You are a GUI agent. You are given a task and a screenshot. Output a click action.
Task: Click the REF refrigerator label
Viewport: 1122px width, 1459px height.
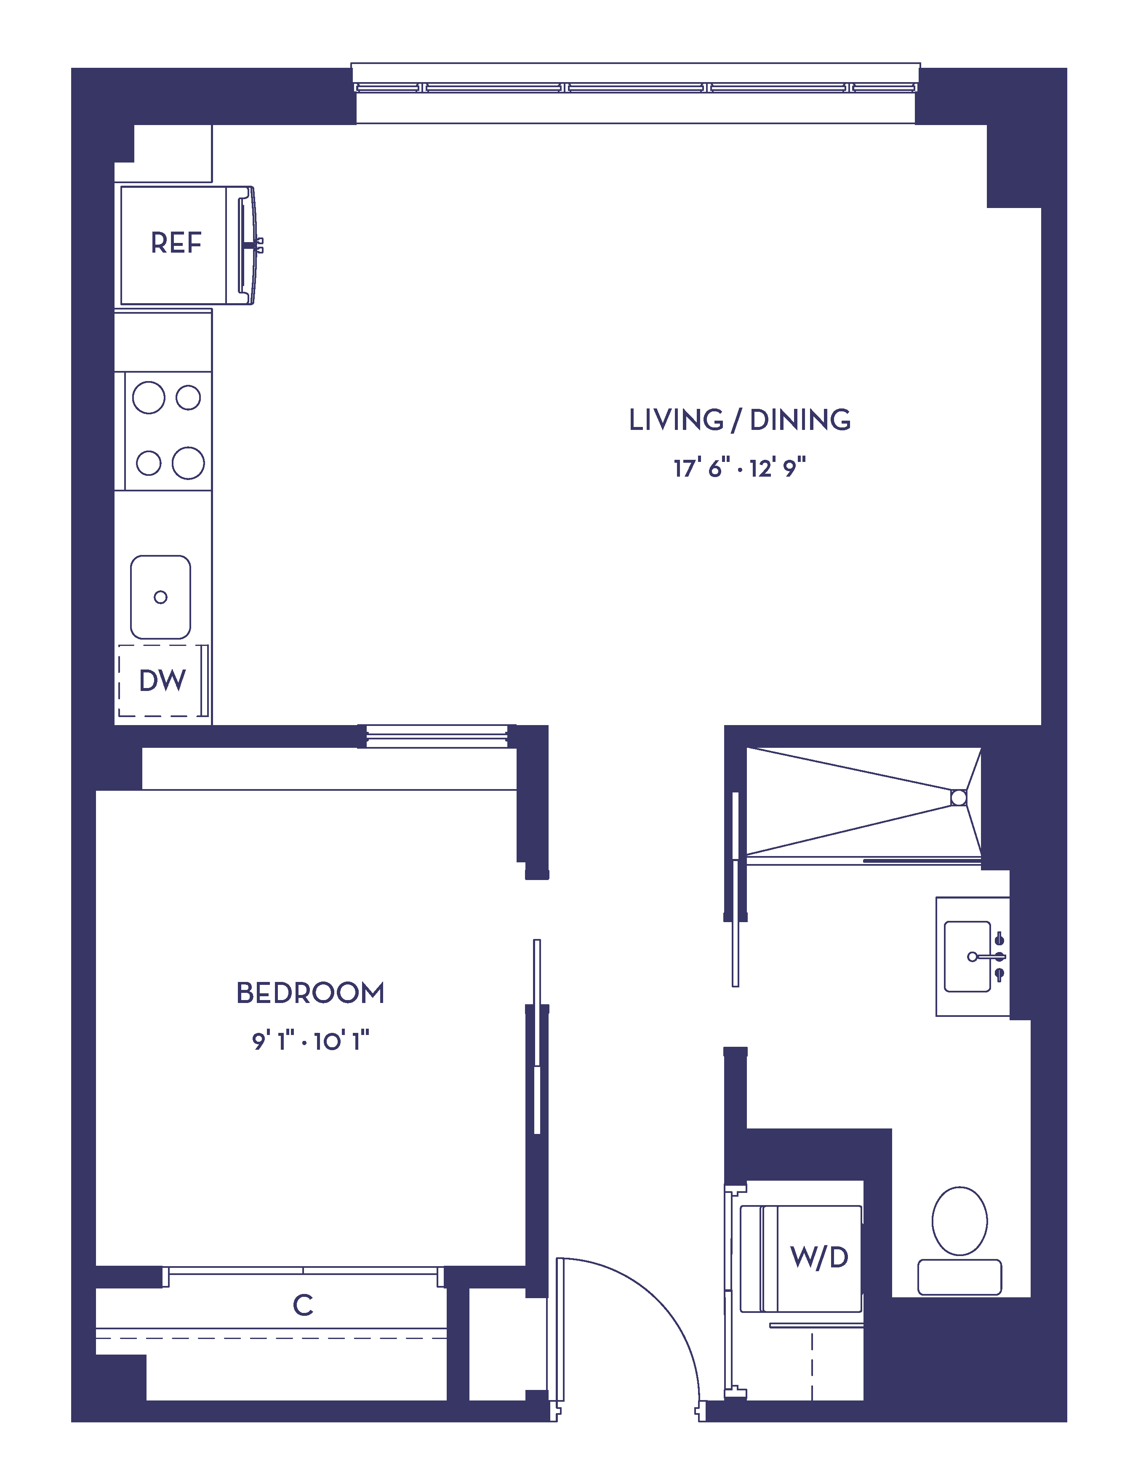point(176,243)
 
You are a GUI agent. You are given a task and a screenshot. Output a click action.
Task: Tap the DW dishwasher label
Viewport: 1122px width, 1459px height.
point(162,681)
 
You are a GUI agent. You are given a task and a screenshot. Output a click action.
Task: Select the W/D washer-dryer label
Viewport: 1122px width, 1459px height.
point(819,1258)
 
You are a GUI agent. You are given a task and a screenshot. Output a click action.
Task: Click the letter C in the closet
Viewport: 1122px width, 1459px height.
point(303,1305)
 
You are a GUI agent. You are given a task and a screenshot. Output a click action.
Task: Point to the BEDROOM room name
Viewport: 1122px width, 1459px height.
point(311,993)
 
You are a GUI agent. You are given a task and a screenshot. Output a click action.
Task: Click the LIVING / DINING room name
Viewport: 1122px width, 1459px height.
point(740,420)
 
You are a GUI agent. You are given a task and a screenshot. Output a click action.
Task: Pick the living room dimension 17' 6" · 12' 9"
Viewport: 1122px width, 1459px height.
point(740,468)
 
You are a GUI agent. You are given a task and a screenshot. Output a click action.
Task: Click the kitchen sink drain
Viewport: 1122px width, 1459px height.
point(160,597)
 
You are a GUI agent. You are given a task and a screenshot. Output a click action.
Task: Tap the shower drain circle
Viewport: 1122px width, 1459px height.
point(958,798)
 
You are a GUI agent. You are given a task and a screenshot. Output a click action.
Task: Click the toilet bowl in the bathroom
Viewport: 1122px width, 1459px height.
point(960,1221)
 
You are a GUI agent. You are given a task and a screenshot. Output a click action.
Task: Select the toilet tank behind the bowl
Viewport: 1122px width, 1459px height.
point(960,1277)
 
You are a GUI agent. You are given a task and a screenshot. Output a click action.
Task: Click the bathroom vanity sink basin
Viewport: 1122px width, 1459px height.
point(967,957)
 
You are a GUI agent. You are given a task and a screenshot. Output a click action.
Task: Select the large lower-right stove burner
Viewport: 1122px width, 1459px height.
point(188,463)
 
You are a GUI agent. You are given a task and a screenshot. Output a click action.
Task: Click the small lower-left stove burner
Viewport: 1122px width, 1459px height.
point(148,463)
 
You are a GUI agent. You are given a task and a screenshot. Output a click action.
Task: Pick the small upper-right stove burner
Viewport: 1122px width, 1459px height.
point(188,397)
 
